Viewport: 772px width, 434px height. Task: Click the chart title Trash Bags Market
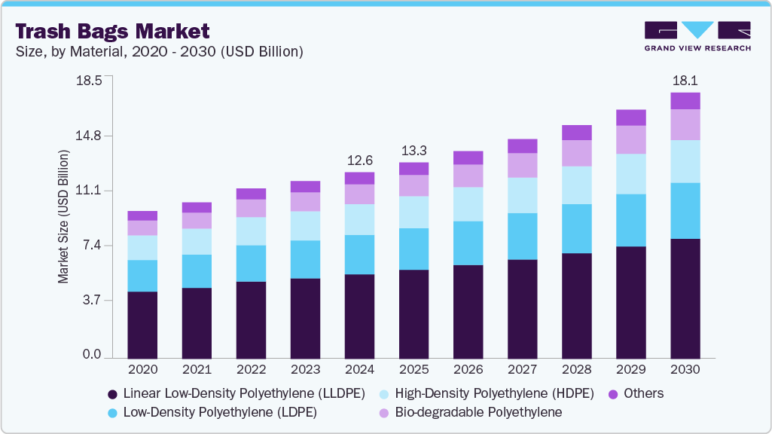coord(112,31)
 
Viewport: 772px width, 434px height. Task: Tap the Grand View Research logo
coord(697,36)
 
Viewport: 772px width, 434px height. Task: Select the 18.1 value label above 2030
coord(685,80)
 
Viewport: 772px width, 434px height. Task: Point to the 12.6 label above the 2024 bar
coord(359,160)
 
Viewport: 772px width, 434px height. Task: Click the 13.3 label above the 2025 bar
coord(413,149)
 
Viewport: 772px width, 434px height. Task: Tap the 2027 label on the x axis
coord(522,370)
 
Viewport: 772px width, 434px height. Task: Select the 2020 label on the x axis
coord(142,370)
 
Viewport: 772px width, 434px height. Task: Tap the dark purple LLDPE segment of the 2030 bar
coord(685,298)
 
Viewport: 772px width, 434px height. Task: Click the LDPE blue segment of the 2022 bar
coord(251,263)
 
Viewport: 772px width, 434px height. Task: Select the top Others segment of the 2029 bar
coord(630,117)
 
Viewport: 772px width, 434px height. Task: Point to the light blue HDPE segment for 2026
coord(468,203)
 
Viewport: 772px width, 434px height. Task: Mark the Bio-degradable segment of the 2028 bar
coord(576,153)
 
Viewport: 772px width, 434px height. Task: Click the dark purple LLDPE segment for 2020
coord(142,324)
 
